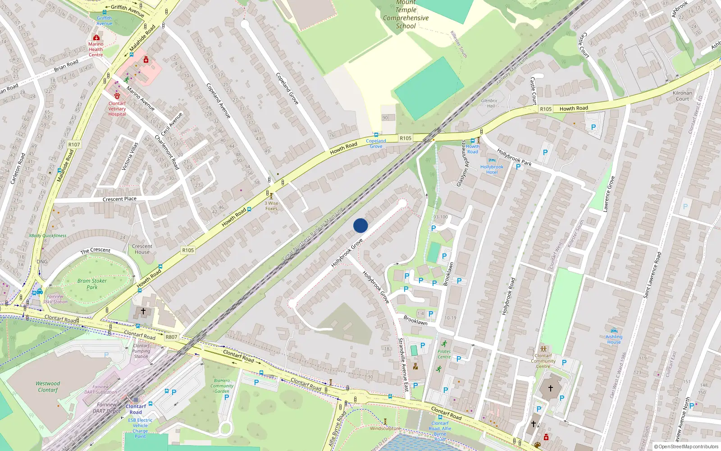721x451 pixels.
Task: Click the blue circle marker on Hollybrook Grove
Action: point(360,225)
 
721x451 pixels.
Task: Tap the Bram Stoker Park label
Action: point(92,284)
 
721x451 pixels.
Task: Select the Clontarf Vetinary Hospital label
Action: point(117,109)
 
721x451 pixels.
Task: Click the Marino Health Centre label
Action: point(96,49)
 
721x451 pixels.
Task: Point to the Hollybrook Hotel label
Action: point(492,170)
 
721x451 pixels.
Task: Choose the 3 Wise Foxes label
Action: point(271,206)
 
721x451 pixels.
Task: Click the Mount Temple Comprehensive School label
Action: point(406,14)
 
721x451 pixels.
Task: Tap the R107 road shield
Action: point(74,145)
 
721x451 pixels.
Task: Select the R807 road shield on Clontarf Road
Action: point(171,337)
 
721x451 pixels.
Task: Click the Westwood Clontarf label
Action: point(48,387)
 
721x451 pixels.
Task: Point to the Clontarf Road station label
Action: point(136,409)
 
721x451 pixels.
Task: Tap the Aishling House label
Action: point(614,339)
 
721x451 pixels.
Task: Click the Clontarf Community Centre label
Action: point(543,361)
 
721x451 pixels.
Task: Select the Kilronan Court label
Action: point(682,96)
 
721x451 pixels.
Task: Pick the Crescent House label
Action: point(142,249)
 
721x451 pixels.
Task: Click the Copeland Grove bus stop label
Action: point(376,143)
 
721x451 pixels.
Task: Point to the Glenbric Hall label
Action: point(490,103)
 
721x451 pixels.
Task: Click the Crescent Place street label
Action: point(119,199)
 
